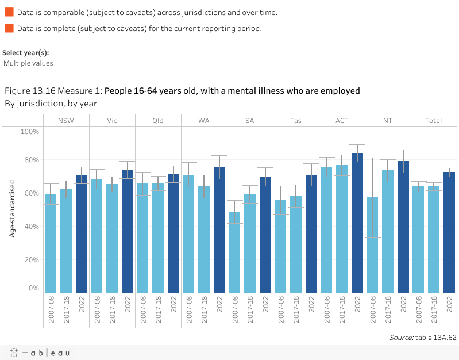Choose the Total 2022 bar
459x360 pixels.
(x=449, y=232)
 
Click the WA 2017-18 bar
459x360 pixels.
(x=204, y=239)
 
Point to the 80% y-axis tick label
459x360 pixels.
(x=30, y=160)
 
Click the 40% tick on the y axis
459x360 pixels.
(x=30, y=227)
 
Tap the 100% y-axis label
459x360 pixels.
(x=29, y=132)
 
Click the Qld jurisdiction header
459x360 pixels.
(x=158, y=121)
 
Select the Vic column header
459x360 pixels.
(x=112, y=121)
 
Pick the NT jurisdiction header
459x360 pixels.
(x=388, y=121)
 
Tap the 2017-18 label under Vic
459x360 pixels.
(x=112, y=312)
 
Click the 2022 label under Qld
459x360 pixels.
(x=173, y=304)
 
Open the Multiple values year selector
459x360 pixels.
(x=28, y=63)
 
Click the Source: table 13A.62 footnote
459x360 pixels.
(x=423, y=338)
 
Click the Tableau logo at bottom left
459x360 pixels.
(x=39, y=353)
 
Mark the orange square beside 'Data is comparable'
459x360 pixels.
(x=9, y=12)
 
